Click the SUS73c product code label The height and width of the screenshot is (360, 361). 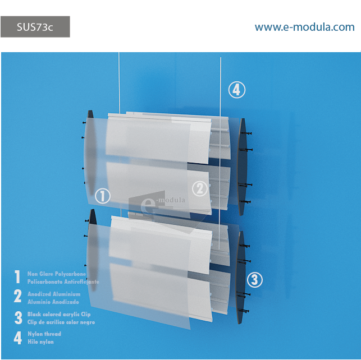coord(35,27)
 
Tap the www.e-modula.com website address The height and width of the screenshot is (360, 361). coord(304,27)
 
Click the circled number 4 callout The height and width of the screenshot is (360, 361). coord(237,90)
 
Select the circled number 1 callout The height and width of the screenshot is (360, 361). coord(103,196)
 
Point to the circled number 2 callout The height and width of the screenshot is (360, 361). coord(200,189)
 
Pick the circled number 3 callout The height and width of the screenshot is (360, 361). coord(255,280)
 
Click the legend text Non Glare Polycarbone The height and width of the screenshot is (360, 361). coord(57,274)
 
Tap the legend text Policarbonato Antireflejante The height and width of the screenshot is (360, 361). coord(63,282)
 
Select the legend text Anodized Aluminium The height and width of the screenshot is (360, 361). coord(54,294)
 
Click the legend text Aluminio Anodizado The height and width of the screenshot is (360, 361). coord(53,302)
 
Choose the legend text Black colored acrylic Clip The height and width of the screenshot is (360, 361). coord(59,314)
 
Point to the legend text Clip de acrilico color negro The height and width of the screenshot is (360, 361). coord(61,322)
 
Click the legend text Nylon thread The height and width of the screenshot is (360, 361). coord(44,334)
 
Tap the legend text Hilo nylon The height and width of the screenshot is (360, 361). coord(41,342)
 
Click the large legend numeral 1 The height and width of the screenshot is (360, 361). coord(17,276)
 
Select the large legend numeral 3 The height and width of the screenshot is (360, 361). coord(19,318)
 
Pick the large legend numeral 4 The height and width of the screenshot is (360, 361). coord(18,338)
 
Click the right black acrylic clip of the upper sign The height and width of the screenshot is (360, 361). coord(243,167)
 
